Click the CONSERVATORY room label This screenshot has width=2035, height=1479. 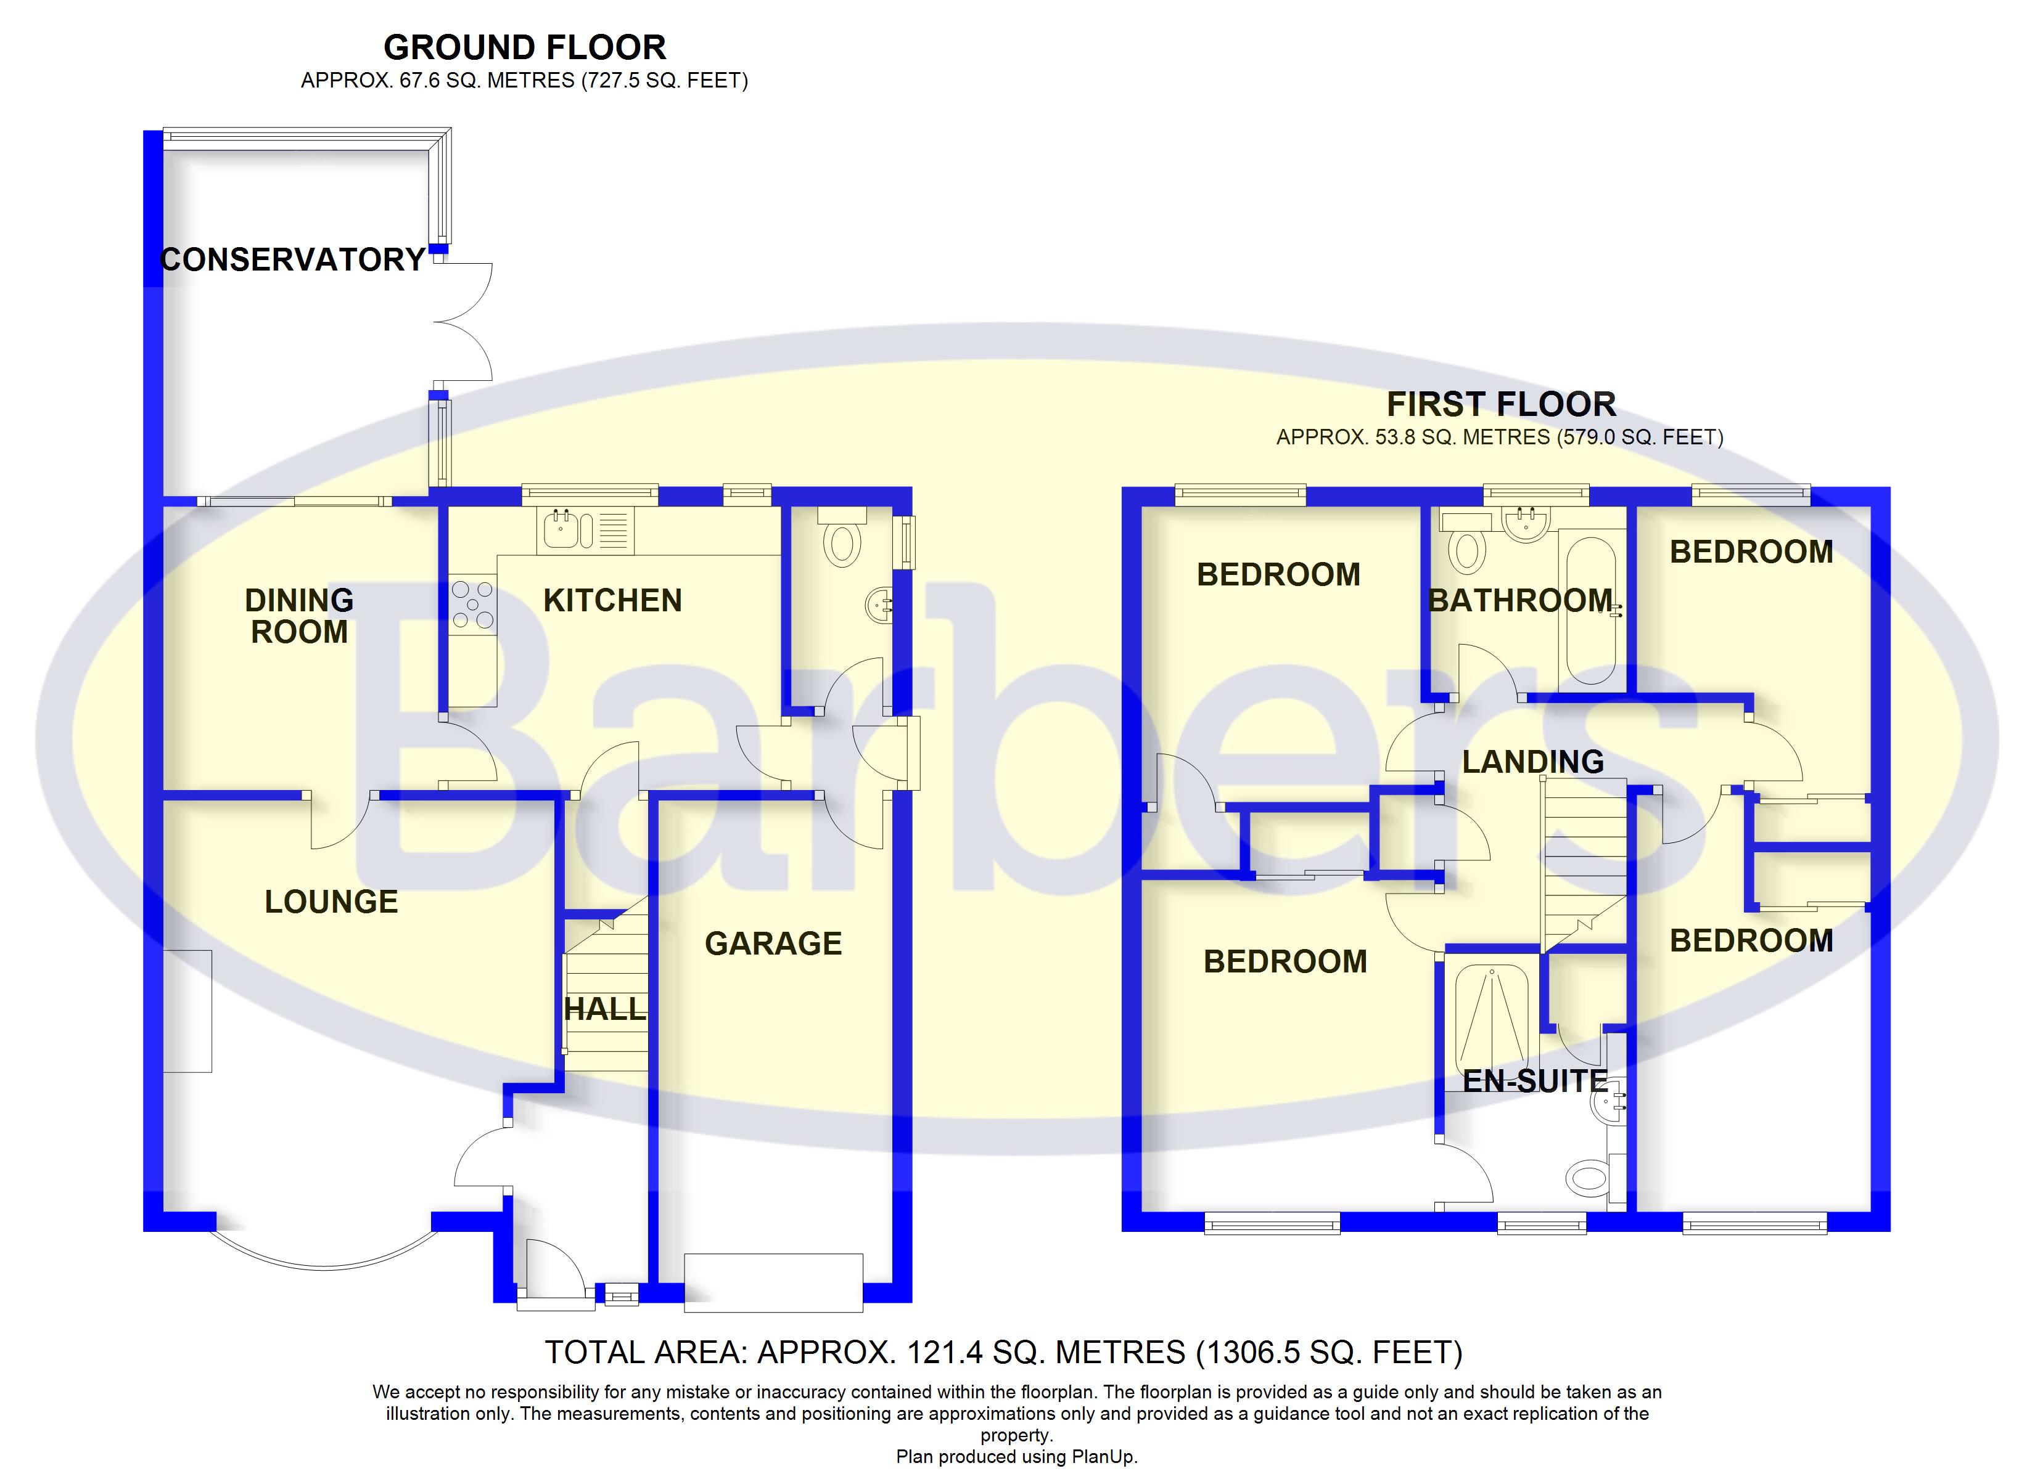[x=292, y=260]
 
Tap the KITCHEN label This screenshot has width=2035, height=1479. [x=613, y=601]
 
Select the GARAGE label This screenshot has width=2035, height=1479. [x=773, y=943]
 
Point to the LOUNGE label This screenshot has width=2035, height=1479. [x=331, y=902]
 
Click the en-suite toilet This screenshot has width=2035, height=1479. [x=1589, y=1176]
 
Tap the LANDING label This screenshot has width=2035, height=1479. [x=1532, y=762]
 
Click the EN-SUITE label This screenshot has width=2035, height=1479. [x=1534, y=1082]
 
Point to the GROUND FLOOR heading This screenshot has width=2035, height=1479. [x=525, y=47]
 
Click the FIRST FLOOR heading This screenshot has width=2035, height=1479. [x=1501, y=404]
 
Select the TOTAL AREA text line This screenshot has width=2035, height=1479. [x=1003, y=1351]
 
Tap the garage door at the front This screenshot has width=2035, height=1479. [x=773, y=1282]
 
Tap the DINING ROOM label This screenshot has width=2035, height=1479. [x=299, y=616]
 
